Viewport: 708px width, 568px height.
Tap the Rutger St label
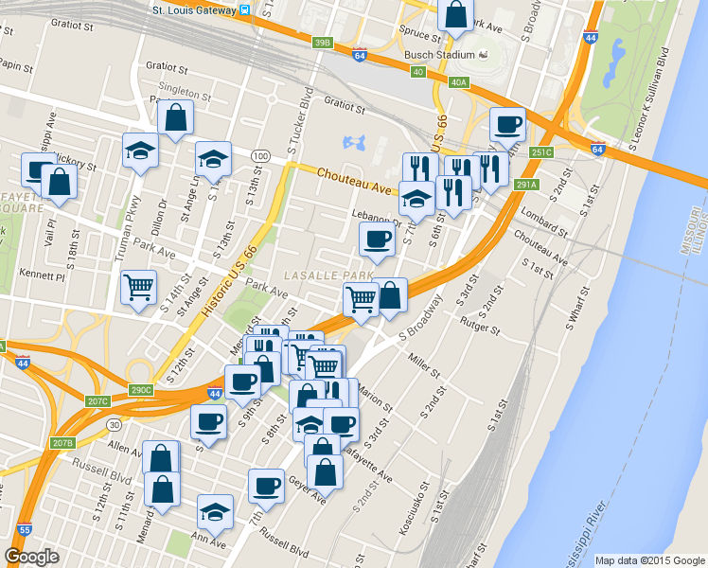click(x=480, y=328)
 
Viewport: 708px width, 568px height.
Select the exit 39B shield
click(x=324, y=43)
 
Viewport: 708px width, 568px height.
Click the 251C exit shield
click(x=540, y=151)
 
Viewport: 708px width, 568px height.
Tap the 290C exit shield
click(x=141, y=390)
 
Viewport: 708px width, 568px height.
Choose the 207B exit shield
click(x=62, y=443)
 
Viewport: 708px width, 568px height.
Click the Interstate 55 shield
click(x=26, y=530)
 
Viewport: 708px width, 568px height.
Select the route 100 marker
click(x=261, y=155)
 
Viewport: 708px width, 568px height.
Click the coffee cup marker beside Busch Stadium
click(x=507, y=124)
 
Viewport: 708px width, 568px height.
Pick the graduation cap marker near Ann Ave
click(x=216, y=511)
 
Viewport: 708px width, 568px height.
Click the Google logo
click(x=32, y=557)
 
